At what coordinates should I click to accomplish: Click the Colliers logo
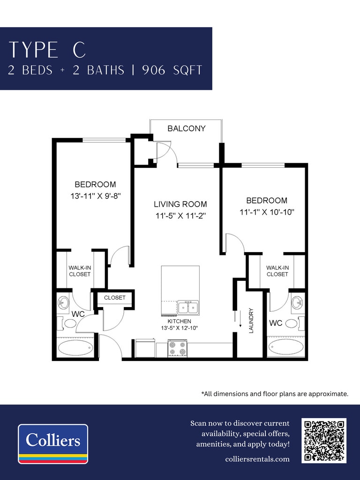tap(53, 443)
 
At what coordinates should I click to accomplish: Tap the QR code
tap(324, 441)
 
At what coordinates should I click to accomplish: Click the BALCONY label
tap(187, 128)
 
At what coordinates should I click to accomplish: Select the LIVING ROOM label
tap(180, 204)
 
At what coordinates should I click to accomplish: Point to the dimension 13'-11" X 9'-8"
tap(96, 196)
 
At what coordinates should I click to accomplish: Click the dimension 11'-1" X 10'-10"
tap(267, 212)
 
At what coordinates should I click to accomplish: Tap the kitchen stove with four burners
tap(178, 348)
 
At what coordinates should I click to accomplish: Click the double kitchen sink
tap(188, 307)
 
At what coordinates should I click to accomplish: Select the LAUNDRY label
tap(251, 321)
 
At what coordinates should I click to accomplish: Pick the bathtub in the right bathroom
tap(286, 347)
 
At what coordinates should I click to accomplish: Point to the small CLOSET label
tap(115, 298)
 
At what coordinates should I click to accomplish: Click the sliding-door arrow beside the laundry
tap(240, 319)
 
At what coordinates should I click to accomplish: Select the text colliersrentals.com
tap(257, 459)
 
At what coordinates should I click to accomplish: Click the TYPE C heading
tap(47, 49)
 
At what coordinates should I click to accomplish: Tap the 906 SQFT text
tap(172, 70)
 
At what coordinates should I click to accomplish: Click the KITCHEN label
tap(180, 321)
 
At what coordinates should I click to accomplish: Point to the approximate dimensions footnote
tap(275, 394)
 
